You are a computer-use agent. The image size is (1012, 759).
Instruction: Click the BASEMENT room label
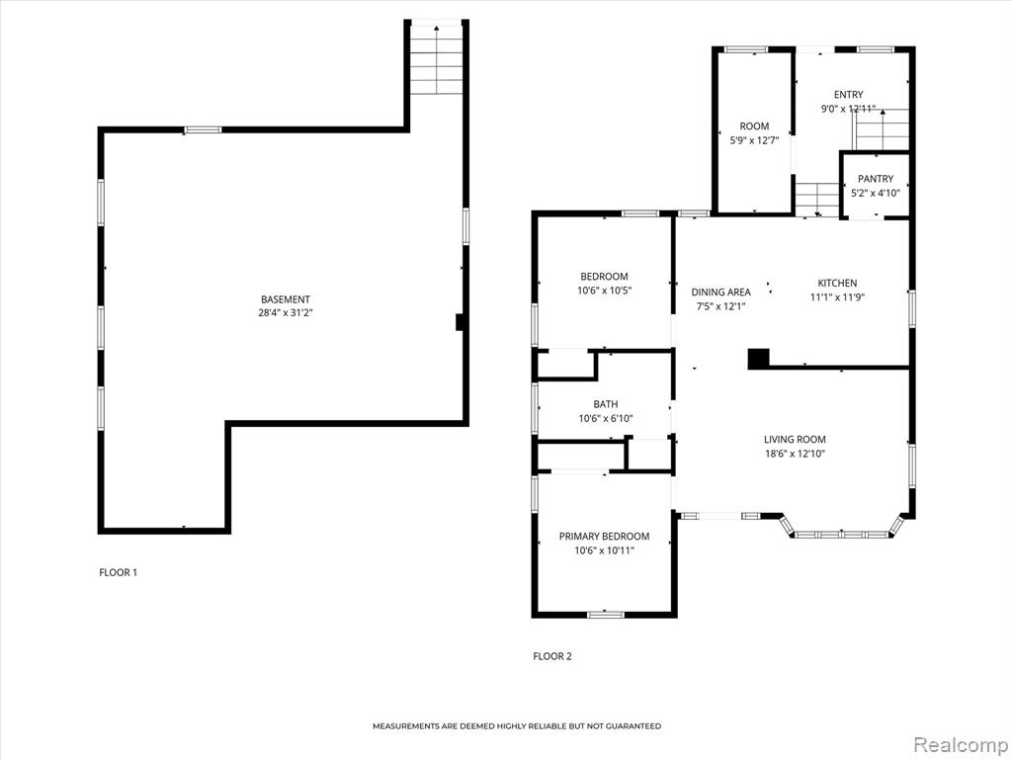(286, 299)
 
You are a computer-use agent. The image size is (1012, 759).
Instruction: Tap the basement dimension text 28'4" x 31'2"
(286, 313)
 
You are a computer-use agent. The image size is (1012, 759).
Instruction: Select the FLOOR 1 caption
(119, 572)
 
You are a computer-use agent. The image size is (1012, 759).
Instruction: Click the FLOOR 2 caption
(552, 656)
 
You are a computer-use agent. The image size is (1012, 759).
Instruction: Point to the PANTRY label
(876, 179)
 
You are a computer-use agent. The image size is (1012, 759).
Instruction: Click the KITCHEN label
(838, 283)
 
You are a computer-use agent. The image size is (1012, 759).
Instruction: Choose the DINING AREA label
(720, 293)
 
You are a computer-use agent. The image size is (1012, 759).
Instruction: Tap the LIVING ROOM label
(795, 440)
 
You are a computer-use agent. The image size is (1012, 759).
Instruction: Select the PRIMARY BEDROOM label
(604, 537)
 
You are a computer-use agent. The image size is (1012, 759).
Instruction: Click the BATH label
(606, 404)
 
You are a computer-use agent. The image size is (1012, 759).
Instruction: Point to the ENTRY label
(848, 95)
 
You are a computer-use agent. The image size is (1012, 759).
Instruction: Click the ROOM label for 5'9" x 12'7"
(754, 126)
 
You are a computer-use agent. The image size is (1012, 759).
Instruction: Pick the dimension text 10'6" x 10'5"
(604, 291)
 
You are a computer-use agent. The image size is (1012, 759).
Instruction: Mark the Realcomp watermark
(959, 745)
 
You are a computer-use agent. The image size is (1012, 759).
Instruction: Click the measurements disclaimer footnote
(517, 726)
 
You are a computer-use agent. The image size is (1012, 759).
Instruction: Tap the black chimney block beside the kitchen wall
(758, 359)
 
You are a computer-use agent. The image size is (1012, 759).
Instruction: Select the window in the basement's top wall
(203, 129)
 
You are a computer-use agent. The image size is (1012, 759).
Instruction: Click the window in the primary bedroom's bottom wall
(606, 615)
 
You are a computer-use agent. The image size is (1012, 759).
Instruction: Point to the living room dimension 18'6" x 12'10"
(795, 454)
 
